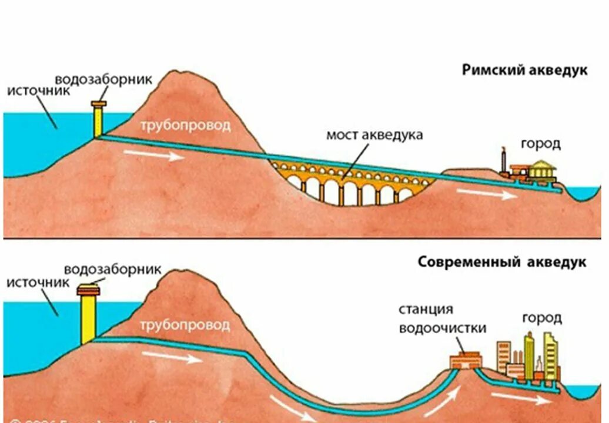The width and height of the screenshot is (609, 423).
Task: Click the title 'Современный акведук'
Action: [502, 261]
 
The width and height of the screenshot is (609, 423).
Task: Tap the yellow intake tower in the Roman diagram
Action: [98, 120]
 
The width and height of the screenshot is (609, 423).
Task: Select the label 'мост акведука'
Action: [374, 135]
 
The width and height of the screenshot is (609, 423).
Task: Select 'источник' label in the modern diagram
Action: [39, 282]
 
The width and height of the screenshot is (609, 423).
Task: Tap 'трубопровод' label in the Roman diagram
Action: [185, 126]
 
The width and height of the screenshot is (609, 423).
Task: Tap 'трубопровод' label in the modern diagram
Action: [185, 324]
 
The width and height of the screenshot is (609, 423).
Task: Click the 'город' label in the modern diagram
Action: [541, 318]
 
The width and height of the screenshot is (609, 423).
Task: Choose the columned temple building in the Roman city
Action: [541, 169]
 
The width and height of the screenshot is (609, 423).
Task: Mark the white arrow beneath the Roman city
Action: [487, 194]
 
